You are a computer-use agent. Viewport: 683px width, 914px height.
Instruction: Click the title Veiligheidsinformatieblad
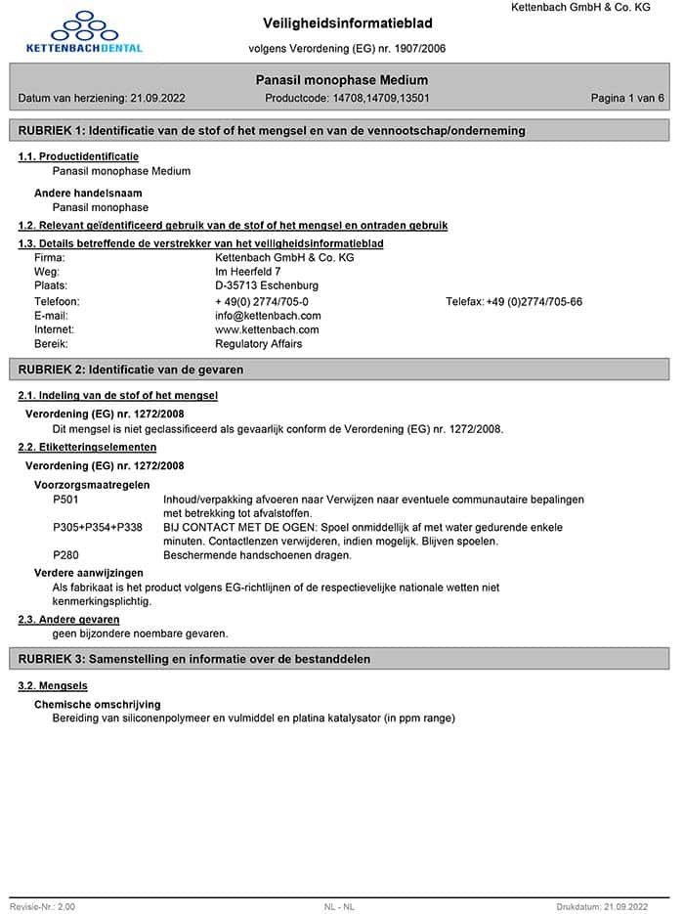point(348,22)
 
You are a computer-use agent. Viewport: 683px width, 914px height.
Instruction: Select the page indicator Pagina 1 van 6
point(627,99)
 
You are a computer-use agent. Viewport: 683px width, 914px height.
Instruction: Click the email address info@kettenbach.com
point(268,316)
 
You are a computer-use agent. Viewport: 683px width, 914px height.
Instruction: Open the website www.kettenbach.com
point(267,329)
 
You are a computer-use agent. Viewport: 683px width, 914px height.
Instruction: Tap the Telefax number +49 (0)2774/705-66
point(534,302)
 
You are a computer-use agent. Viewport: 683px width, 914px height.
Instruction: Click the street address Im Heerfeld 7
point(248,272)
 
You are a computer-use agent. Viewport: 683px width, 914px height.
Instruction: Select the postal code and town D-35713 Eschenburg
point(267,285)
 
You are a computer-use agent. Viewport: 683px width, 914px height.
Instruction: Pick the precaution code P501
point(66,500)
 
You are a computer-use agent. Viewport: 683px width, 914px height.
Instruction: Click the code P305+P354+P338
point(98,528)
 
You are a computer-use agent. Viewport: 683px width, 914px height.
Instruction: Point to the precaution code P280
point(66,555)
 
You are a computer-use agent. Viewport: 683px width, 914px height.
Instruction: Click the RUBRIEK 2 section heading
point(131,370)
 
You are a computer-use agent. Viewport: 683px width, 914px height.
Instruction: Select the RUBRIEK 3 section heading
point(193,659)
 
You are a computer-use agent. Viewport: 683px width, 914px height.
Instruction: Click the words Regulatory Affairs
point(259,344)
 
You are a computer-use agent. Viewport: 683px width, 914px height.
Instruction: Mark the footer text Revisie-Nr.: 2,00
point(42,907)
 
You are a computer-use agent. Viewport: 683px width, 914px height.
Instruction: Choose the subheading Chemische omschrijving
point(98,704)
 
